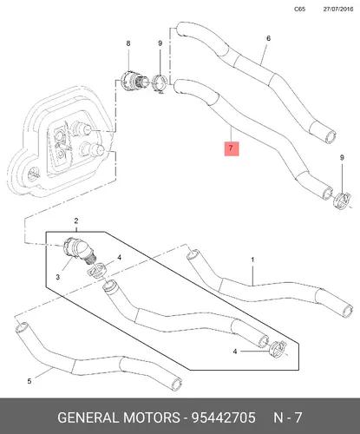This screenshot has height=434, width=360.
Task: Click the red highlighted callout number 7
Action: [232, 148]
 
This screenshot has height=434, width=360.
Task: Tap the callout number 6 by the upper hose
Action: [268, 38]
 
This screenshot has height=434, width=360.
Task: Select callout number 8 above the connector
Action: [128, 43]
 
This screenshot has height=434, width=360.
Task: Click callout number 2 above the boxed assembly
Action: [76, 221]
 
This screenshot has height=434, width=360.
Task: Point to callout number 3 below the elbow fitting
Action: [58, 277]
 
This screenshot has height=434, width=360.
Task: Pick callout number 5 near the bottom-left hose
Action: [29, 381]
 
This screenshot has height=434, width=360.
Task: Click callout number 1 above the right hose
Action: [252, 260]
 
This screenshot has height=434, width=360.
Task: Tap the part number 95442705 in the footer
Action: [224, 418]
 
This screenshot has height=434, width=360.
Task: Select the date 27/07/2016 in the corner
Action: [338, 9]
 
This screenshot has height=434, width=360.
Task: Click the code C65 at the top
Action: [299, 9]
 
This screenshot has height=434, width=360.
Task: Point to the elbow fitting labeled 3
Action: [80, 249]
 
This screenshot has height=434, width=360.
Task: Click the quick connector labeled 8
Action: [134, 80]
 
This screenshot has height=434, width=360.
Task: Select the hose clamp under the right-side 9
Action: [343, 201]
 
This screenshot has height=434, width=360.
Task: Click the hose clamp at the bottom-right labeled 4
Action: [278, 349]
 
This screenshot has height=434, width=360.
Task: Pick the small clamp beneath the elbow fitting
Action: [97, 271]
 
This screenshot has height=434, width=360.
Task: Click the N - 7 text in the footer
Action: [288, 418]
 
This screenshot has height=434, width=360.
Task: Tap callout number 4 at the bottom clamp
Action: [235, 352]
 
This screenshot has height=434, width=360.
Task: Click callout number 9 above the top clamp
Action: [160, 43]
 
